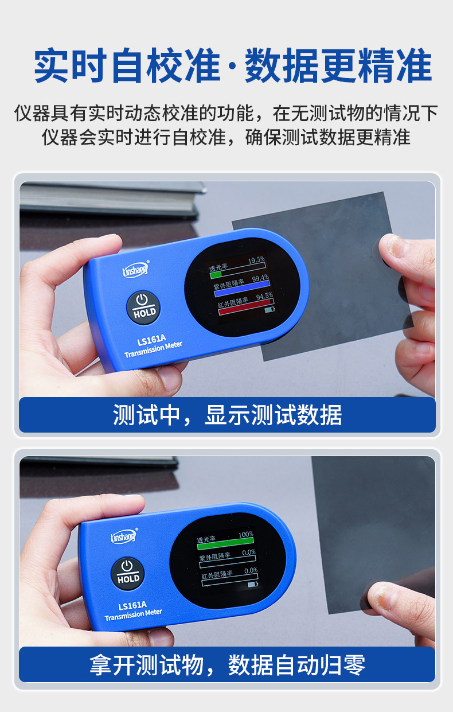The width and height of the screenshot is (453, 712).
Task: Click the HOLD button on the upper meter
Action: tap(143, 307)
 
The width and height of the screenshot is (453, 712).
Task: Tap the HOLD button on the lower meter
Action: tap(127, 572)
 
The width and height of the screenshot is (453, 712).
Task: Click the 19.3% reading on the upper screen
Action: tap(256, 260)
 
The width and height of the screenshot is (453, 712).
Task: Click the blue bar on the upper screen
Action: tap(241, 285)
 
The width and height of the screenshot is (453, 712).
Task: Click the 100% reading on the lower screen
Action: tap(245, 534)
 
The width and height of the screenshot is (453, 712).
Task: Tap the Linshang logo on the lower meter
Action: tap(123, 536)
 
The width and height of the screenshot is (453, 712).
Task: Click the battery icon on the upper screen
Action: tap(270, 310)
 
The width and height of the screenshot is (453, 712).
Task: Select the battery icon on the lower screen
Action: tap(252, 585)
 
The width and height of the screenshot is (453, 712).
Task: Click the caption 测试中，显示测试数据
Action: tap(227, 415)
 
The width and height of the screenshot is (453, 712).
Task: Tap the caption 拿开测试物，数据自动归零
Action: tap(227, 665)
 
